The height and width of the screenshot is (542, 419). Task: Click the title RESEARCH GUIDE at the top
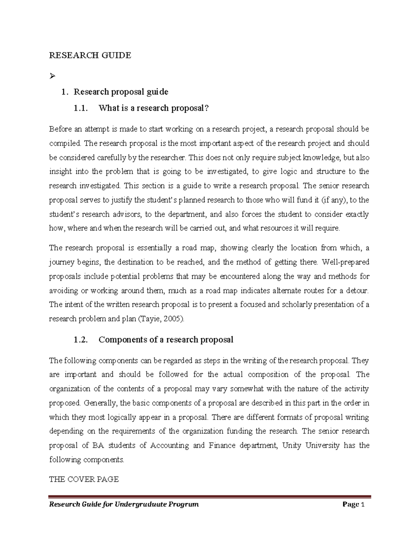tap(90, 55)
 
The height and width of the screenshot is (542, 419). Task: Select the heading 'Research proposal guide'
tap(120, 92)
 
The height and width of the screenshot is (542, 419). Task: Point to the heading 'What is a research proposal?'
tap(154, 108)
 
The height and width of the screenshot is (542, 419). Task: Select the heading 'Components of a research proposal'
tap(166, 340)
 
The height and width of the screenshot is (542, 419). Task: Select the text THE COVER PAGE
tap(84, 479)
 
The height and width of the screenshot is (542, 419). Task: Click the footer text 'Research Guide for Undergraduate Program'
tap(124, 504)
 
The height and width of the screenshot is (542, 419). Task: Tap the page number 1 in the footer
tap(363, 504)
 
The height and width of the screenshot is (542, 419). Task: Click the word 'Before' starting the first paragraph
tap(60, 129)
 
